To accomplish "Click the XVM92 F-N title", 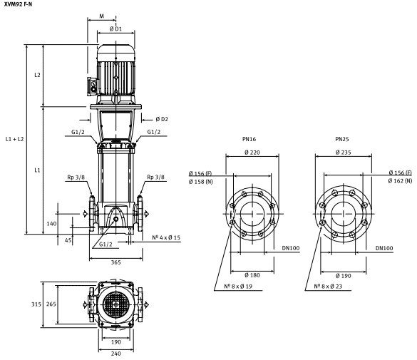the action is point(18,4).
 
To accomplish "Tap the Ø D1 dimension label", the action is point(115,29).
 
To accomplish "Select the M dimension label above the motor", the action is point(102,16).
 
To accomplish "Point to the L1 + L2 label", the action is point(15,139).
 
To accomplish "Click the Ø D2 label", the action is point(162,119).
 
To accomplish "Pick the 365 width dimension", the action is point(115,262).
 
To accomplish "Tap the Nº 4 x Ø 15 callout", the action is point(166,237).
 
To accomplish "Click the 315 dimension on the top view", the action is point(36,304).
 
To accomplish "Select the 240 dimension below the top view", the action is point(115,354).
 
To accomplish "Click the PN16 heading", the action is point(249,139).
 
